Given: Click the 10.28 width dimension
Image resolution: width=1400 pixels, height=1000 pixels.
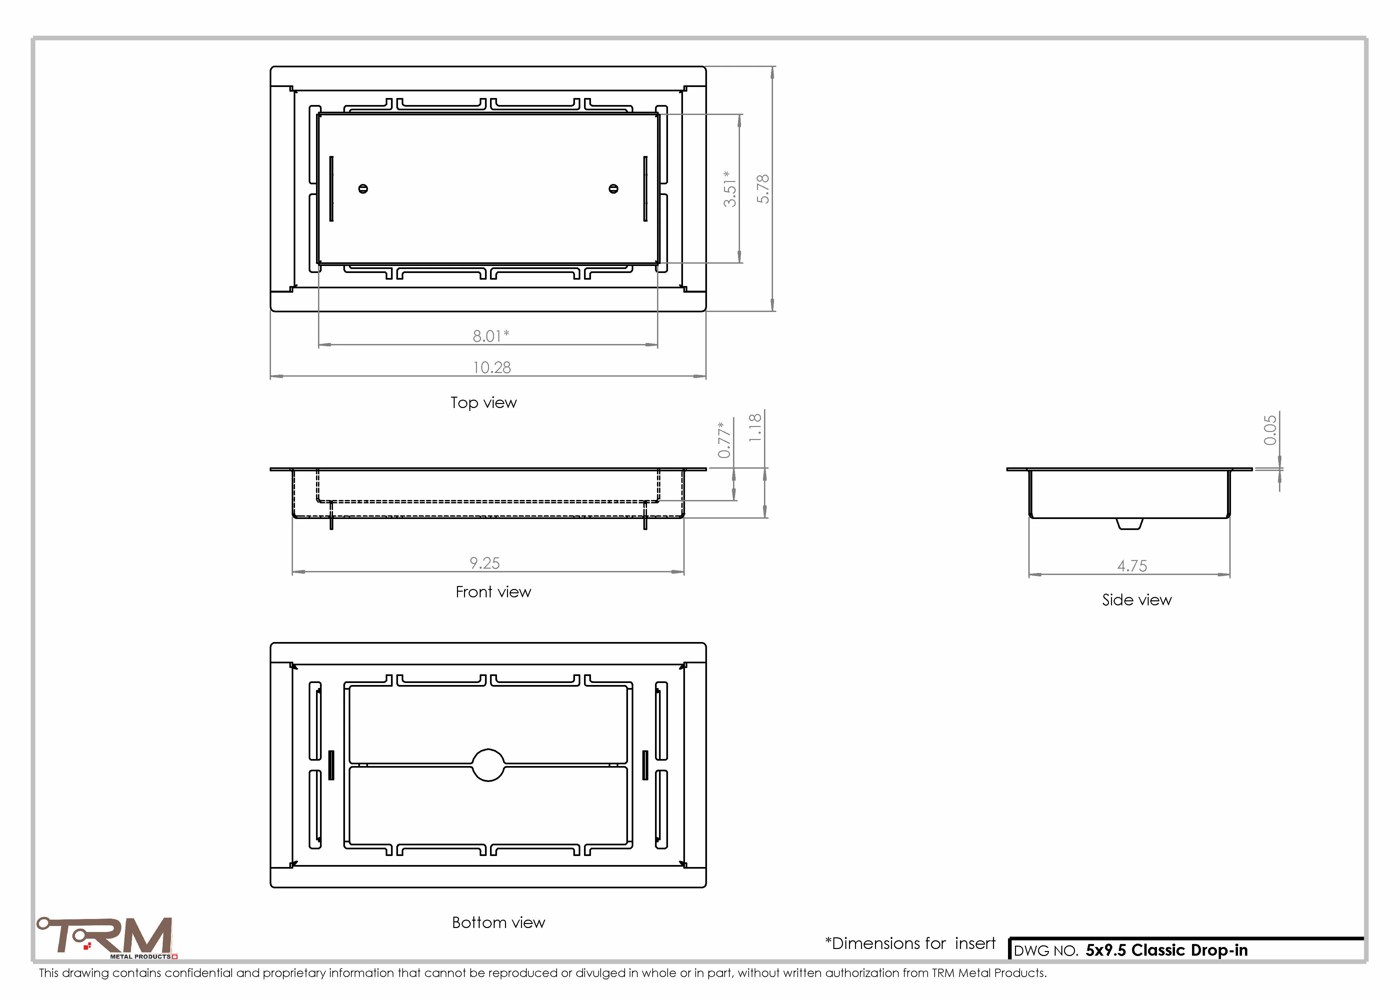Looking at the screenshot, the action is click(491, 368).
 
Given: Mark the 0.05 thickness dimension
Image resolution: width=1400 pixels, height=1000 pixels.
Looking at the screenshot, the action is click(1270, 430).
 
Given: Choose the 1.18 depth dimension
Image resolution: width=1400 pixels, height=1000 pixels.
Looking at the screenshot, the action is click(755, 427).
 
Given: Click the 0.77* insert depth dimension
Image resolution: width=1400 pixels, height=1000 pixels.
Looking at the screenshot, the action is click(725, 440).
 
